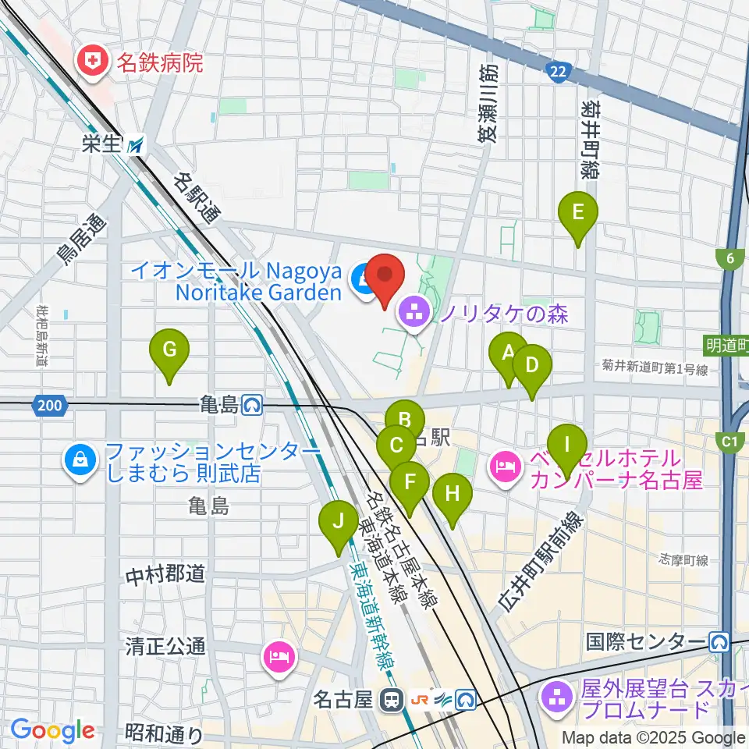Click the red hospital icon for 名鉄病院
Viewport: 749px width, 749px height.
tap(94, 62)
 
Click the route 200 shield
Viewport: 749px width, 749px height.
tap(48, 405)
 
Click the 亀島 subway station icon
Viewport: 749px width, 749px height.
tap(252, 405)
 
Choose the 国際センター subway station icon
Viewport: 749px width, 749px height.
tap(719, 642)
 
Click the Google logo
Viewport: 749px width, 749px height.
tap(52, 731)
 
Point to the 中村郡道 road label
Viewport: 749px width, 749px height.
tap(165, 575)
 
